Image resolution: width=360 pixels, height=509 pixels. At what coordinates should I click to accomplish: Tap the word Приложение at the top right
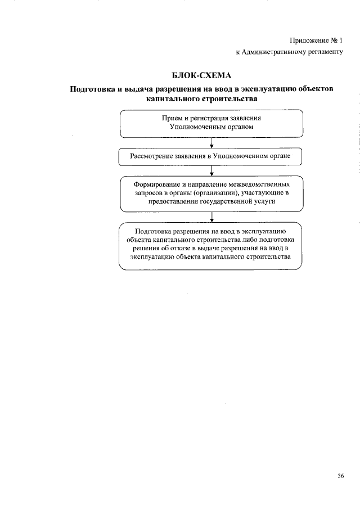click(x=308, y=40)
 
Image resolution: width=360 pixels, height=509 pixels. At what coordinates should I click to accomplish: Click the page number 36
click(x=341, y=476)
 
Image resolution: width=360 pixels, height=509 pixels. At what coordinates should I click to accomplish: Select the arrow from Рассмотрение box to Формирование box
click(x=210, y=172)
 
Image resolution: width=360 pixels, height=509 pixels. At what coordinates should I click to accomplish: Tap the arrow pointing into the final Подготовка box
click(x=210, y=217)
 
